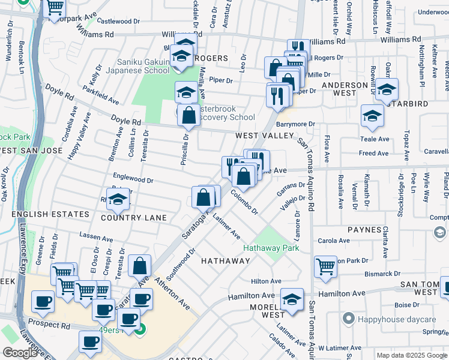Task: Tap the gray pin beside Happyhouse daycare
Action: pyautogui.click(x=347, y=317)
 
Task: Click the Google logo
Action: pyautogui.click(x=20, y=353)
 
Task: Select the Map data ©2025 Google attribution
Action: pyautogui.click(x=411, y=355)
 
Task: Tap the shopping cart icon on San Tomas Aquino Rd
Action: pyautogui.click(x=325, y=266)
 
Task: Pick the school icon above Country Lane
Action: pyautogui.click(x=118, y=200)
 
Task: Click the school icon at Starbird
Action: pyautogui.click(x=372, y=116)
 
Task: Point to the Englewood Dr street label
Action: pyautogui.click(x=133, y=179)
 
